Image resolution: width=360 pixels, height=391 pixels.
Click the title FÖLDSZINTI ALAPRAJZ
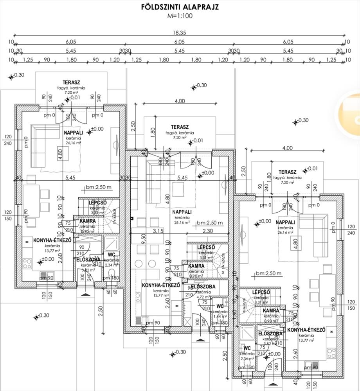coord(180,7)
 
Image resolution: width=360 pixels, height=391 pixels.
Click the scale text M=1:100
coord(180,16)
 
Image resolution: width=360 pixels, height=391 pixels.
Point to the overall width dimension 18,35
coord(180,33)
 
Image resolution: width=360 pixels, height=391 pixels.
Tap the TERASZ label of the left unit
coord(71,83)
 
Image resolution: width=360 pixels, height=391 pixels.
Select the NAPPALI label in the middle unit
coord(181,212)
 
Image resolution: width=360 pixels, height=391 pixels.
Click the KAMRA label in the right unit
coord(271,310)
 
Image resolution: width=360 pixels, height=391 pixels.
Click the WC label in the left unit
coord(111,255)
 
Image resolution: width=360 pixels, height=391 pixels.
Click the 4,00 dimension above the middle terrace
coord(180,101)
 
